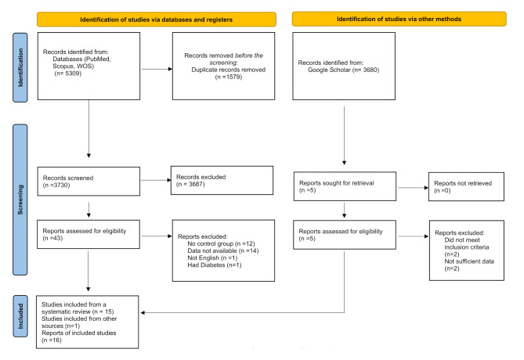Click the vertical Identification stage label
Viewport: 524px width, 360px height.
pos(20,67)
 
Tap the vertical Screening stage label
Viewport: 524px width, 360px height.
pos(20,200)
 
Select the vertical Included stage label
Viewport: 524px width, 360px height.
pos(20,316)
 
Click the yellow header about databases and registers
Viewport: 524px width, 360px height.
pos(157,20)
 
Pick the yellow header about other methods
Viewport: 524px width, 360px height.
pos(399,19)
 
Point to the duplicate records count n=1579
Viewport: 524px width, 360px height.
pos(229,77)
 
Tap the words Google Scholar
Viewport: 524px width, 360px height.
pos(329,70)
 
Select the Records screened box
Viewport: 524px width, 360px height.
pos(89,182)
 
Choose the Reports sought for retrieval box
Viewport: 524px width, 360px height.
pos(345,186)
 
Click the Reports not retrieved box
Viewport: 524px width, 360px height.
pos(466,187)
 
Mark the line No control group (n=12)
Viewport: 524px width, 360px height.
pos(221,244)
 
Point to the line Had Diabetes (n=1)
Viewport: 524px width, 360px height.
pos(214,265)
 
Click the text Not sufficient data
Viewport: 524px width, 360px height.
pos(469,261)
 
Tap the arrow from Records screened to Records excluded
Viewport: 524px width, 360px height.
pos(156,180)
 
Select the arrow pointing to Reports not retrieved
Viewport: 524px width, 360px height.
pos(413,188)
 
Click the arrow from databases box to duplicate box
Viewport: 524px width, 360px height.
pos(157,69)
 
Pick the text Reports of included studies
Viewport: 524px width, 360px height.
pos(79,333)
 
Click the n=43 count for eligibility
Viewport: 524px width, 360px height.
pos(52,238)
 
